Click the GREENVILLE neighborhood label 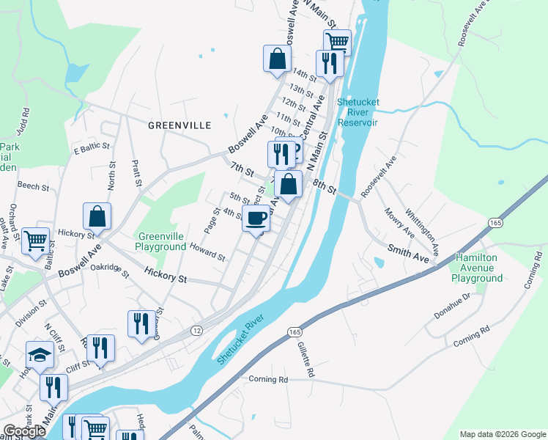[179, 125]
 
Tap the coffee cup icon [256, 219]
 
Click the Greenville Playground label [161, 241]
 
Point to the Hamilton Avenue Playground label [477, 268]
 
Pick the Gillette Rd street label [306, 362]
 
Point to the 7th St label [241, 171]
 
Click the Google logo [23, 431]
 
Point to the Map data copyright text [503, 434]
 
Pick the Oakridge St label [108, 271]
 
